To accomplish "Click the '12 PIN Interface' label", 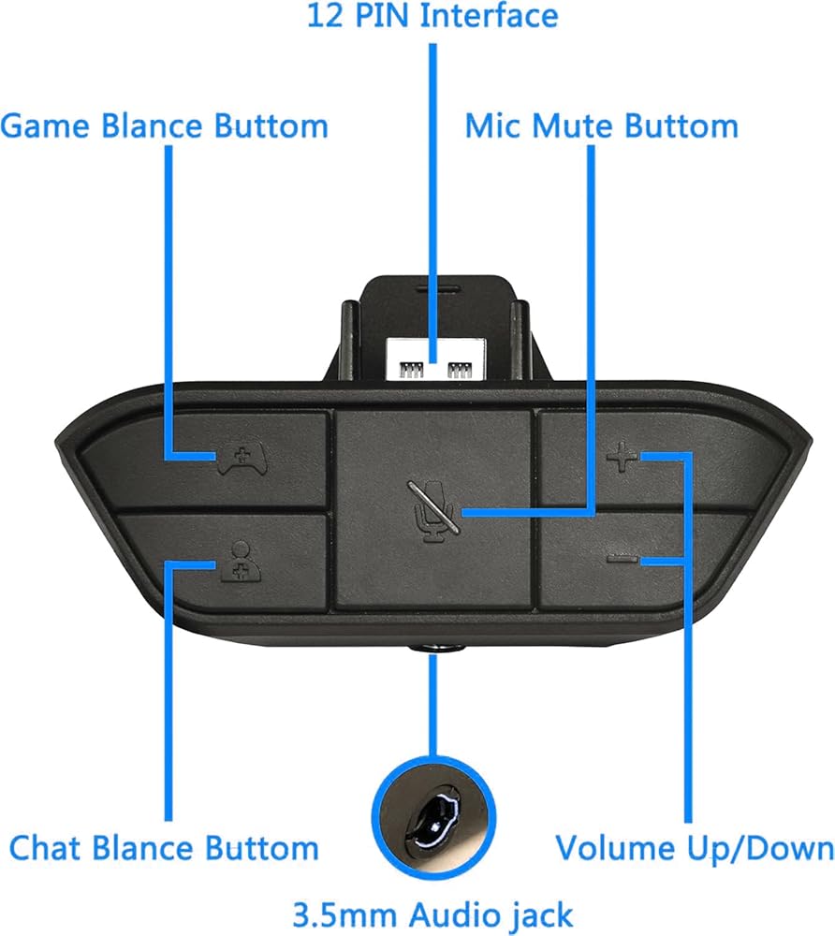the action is [432, 16].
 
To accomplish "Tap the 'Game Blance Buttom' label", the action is [165, 126].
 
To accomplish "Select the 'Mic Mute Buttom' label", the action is [602, 126].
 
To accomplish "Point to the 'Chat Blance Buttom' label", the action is [164, 848].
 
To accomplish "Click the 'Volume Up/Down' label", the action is [695, 848].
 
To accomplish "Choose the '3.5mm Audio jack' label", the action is [432, 914].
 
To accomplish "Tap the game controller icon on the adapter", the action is [242, 457].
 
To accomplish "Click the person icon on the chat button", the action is [240, 561].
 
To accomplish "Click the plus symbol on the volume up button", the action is [622, 457].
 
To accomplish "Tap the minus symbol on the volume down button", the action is [622, 560].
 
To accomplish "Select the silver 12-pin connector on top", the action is [435, 359].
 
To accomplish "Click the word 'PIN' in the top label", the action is [381, 16].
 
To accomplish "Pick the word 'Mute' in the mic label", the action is [574, 126].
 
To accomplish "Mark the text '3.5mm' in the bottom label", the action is [344, 914].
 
